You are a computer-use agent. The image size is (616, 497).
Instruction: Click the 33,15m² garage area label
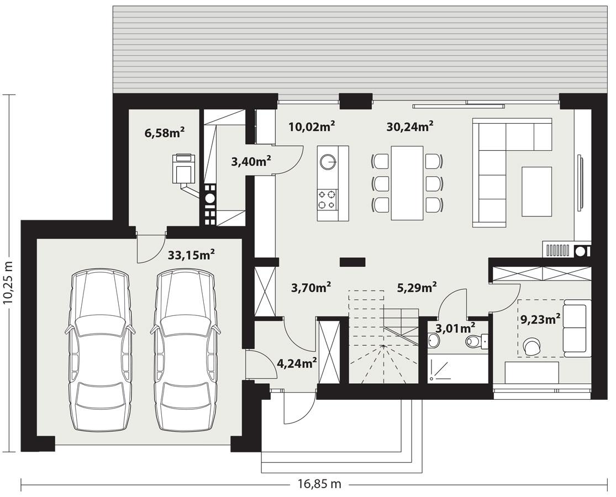191,255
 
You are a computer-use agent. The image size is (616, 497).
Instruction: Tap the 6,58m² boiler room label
164,133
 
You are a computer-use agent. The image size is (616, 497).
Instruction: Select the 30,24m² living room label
409,127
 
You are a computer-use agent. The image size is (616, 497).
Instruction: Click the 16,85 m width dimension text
319,485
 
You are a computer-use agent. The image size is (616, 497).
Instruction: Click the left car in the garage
100,351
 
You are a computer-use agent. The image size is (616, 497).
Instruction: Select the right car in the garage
183,351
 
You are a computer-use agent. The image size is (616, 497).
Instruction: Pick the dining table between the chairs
407,182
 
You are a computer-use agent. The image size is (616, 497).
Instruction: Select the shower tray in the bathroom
447,369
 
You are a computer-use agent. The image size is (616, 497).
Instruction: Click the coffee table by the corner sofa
536,192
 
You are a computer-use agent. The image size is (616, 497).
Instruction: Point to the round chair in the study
533,346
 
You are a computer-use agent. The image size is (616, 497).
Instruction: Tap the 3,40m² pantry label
251,161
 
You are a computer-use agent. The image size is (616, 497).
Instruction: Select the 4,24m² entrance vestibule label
297,363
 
